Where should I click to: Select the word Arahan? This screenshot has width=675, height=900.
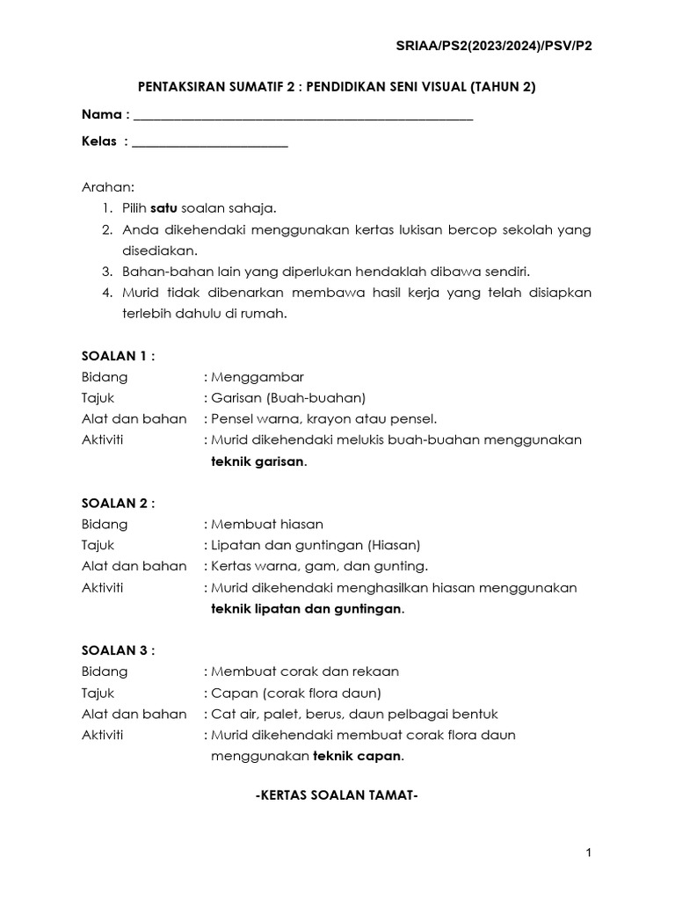pyautogui.click(x=108, y=188)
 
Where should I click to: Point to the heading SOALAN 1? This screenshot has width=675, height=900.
pyautogui.click(x=118, y=356)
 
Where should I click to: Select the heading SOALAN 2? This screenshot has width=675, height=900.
pyautogui.click(x=118, y=504)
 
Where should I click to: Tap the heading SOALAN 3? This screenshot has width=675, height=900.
pyautogui.click(x=118, y=651)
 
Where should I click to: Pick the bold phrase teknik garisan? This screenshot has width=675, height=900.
pyautogui.click(x=258, y=461)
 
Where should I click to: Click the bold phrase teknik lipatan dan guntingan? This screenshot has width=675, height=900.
pyautogui.click(x=307, y=609)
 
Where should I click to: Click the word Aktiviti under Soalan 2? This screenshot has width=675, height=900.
pyautogui.click(x=103, y=588)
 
